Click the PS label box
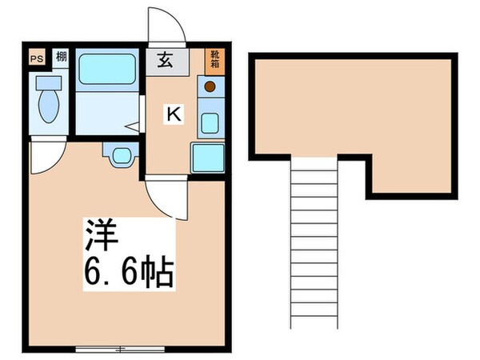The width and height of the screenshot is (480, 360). pos(36,57)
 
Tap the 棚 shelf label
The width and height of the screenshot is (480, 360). pos(62,57)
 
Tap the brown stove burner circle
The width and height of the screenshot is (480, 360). pos(210,86)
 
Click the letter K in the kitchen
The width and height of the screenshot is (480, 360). pos(173,114)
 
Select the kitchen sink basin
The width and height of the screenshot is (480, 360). pos(210,122)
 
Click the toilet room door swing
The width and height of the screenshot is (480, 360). pos(44,158)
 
